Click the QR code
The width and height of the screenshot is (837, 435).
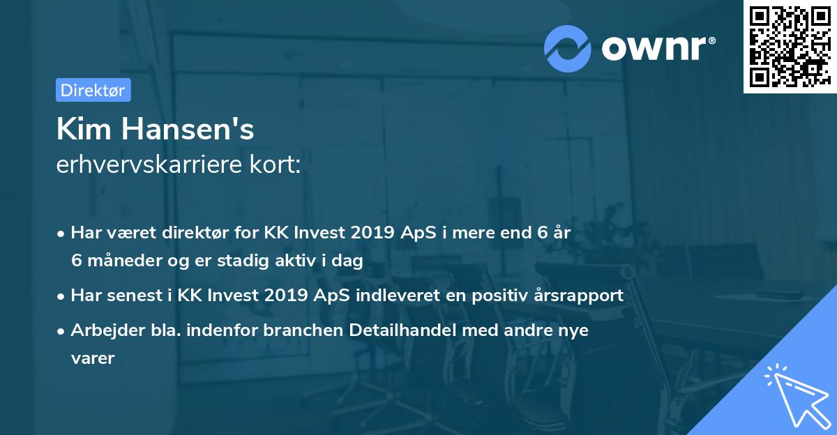(x=790, y=47)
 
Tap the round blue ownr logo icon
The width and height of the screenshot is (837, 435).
(x=568, y=48)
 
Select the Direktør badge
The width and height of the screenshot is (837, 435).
(x=93, y=90)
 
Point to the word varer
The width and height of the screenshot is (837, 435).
(x=92, y=358)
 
